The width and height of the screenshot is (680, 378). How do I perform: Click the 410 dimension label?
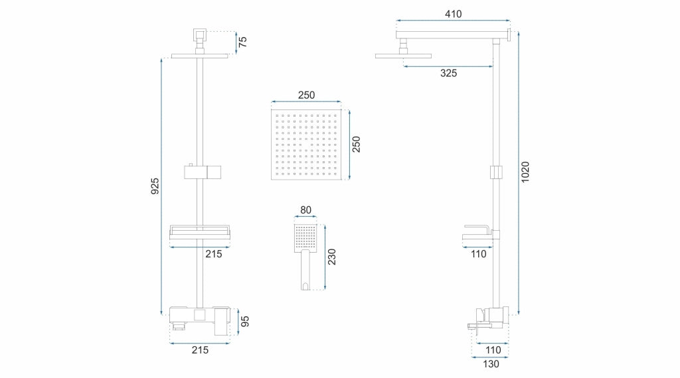click(x=453, y=14)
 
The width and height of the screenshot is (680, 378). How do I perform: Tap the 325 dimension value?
click(x=448, y=73)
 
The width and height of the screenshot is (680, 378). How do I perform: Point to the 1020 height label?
click(x=525, y=172)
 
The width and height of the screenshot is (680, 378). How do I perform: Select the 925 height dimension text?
click(x=155, y=186)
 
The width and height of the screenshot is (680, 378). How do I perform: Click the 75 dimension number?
click(x=243, y=42)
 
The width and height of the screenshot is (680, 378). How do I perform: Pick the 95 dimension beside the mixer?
click(x=245, y=322)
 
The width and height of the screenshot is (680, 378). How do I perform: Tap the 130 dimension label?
click(x=491, y=364)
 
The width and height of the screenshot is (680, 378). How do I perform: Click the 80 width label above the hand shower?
click(x=305, y=210)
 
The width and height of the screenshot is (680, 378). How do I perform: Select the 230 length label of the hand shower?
click(x=332, y=257)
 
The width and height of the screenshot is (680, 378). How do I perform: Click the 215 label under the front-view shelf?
click(x=213, y=254)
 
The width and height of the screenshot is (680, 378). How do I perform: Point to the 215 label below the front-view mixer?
click(x=200, y=350)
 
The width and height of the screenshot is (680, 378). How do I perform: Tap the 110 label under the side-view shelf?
click(x=479, y=254)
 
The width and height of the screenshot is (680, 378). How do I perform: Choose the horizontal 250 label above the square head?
click(x=306, y=95)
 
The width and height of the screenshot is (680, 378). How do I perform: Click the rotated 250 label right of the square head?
click(x=356, y=144)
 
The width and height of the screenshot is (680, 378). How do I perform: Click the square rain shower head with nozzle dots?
click(x=306, y=145)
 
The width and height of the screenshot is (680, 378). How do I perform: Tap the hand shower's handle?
click(x=305, y=270)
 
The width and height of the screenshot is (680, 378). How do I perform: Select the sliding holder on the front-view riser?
click(x=203, y=172)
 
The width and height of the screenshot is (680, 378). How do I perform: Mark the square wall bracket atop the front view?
click(x=199, y=33)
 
